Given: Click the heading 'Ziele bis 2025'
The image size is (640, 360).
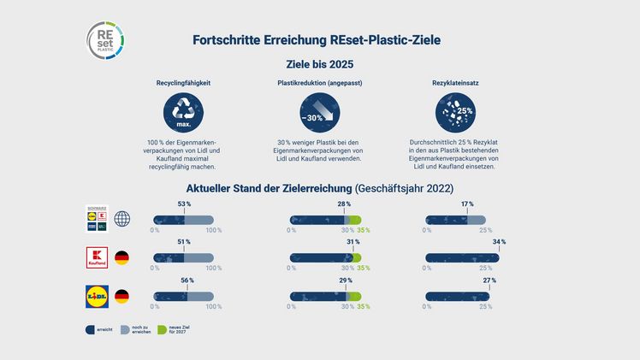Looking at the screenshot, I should tap(318, 64).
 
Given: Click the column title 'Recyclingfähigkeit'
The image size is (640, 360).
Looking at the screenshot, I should tap(183, 85).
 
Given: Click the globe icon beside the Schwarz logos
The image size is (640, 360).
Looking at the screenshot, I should tap(122, 219).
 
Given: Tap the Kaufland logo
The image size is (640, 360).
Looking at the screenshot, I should tap(97, 257).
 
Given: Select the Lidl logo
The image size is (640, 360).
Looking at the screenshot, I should tap(97, 297).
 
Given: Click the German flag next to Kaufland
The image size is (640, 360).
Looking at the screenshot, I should tap(122, 257).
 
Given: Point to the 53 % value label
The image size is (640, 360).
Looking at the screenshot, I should tap(184, 204).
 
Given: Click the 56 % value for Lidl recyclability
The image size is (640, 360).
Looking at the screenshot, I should tap(187, 280).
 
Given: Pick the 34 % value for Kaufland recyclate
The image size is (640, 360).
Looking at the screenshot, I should tap(499, 243).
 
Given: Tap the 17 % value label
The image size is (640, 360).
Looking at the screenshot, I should tap(466, 204).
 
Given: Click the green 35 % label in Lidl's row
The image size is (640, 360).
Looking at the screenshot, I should tap(364, 306).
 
